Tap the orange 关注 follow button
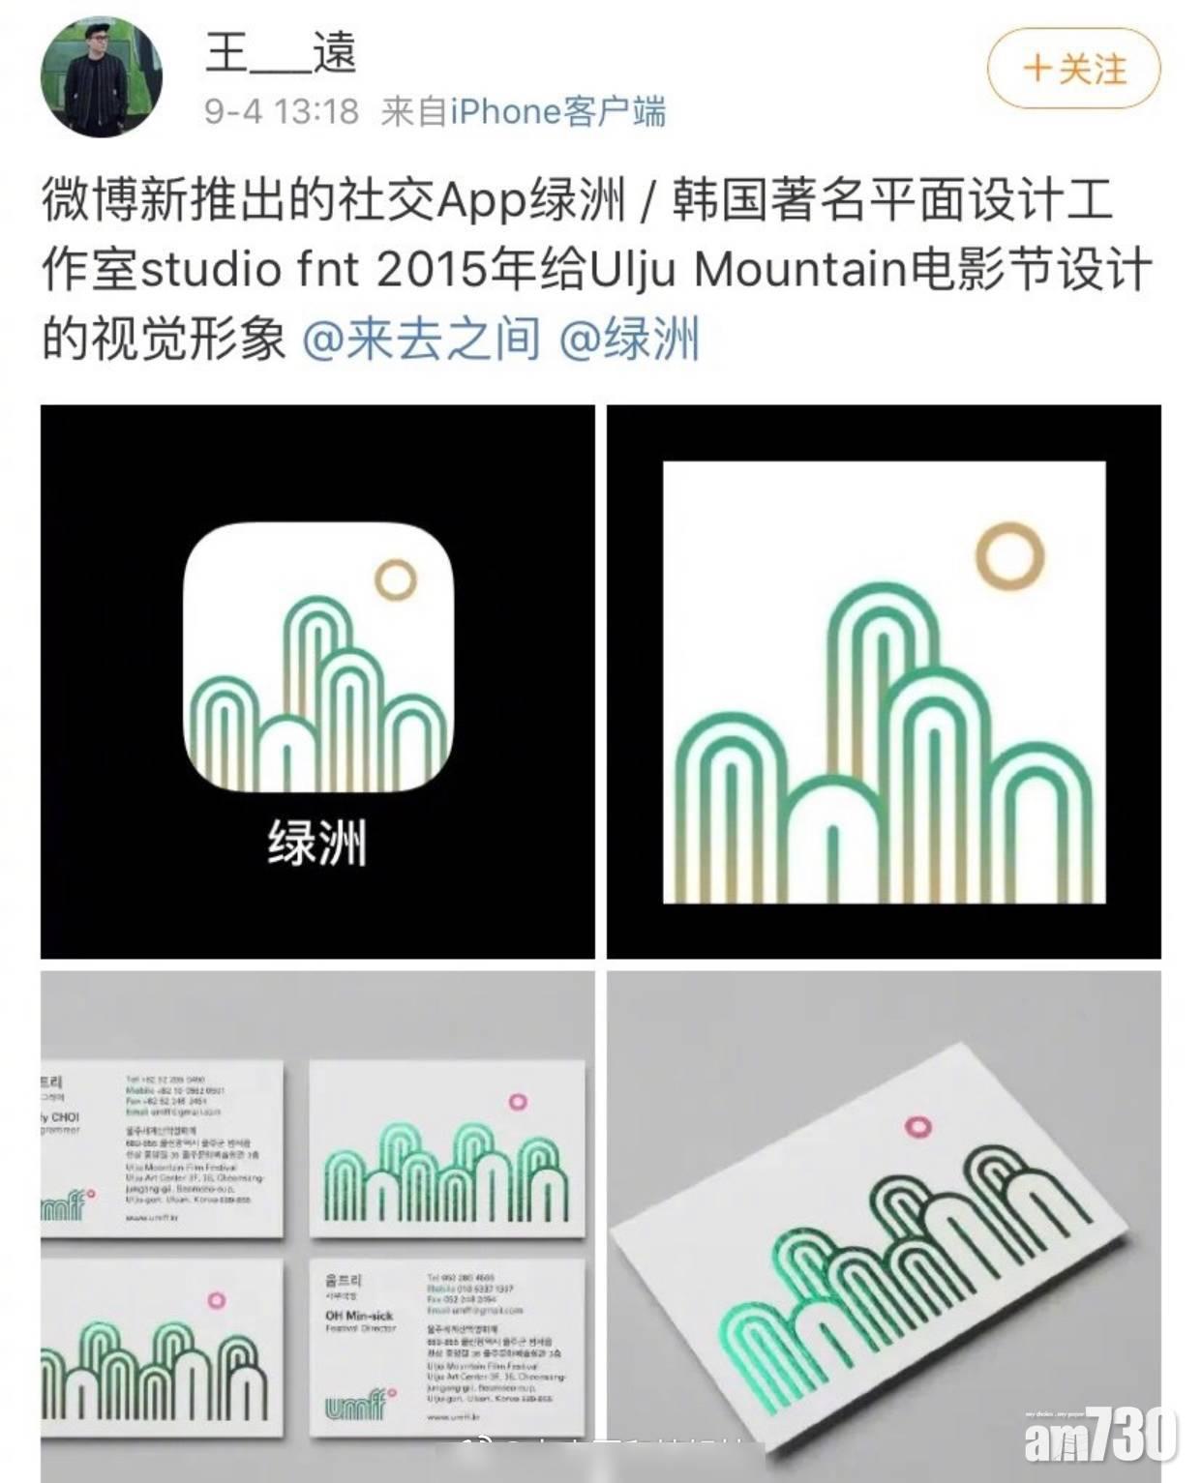click(x=1073, y=69)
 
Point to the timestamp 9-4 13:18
click(x=282, y=112)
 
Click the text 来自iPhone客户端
click(x=524, y=112)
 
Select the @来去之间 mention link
click(x=421, y=340)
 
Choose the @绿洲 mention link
click(x=629, y=340)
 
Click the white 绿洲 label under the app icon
click(x=316, y=843)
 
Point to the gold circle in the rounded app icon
click(x=395, y=581)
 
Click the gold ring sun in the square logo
click(x=1009, y=556)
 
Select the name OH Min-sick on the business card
click(x=359, y=1315)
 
